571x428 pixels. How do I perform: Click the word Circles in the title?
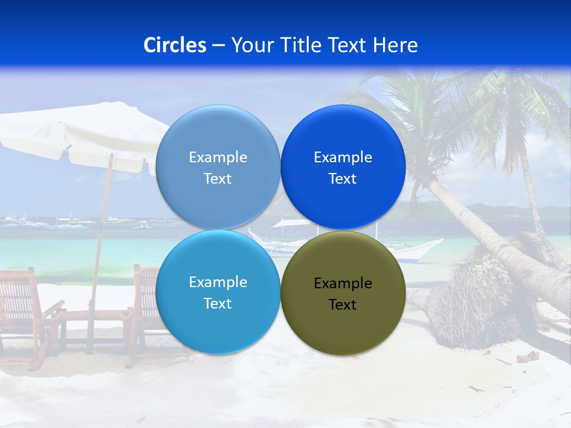174,45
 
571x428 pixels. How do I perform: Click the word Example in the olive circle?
343,284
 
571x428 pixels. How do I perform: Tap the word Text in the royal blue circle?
343,179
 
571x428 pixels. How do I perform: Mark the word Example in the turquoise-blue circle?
218,282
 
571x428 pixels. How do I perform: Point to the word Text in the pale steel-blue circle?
218,179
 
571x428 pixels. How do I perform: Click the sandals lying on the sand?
527,357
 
